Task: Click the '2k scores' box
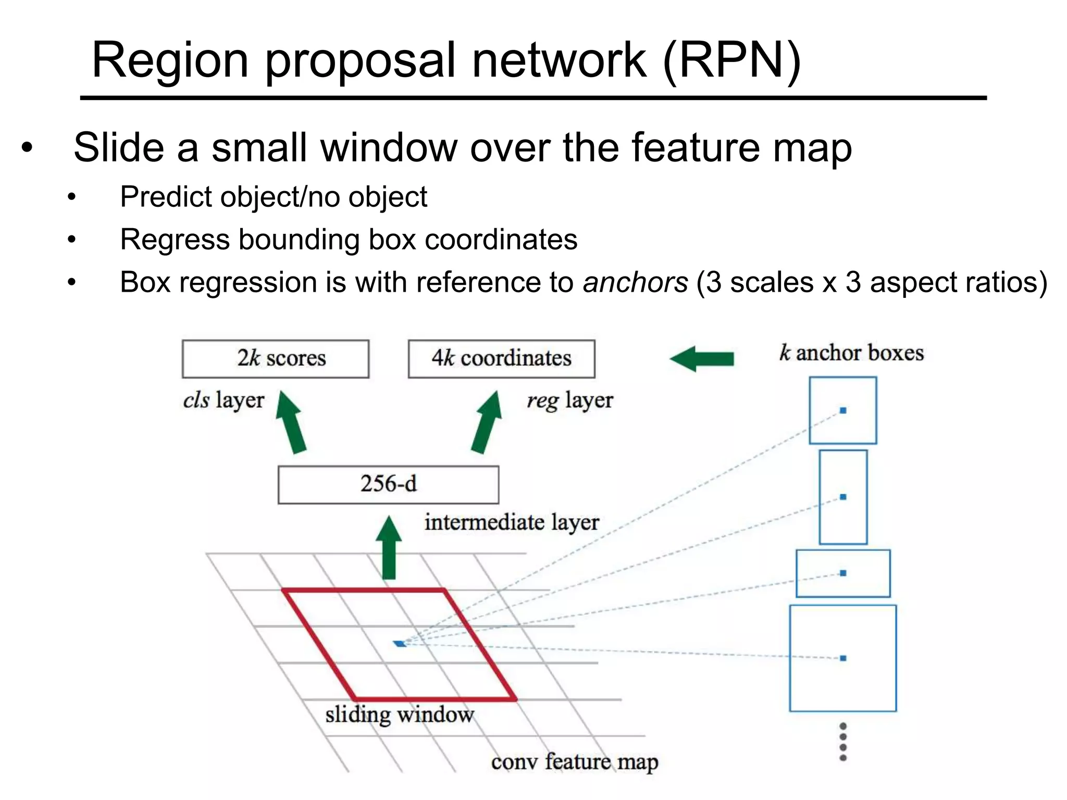[x=276, y=359]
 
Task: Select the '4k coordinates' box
[x=501, y=359]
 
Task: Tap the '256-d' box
[x=388, y=484]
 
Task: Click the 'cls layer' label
[x=224, y=401]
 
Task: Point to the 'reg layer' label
[x=569, y=401]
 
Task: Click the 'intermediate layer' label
[x=511, y=522]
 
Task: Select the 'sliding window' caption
[x=400, y=715]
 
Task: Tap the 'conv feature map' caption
[x=574, y=762]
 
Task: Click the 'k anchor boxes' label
[x=851, y=353]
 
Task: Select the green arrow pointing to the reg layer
[x=487, y=422]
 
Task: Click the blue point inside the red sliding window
[x=400, y=644]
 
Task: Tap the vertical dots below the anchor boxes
[x=843, y=742]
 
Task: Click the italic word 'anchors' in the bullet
[x=635, y=283]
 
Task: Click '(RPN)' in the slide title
[x=732, y=60]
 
